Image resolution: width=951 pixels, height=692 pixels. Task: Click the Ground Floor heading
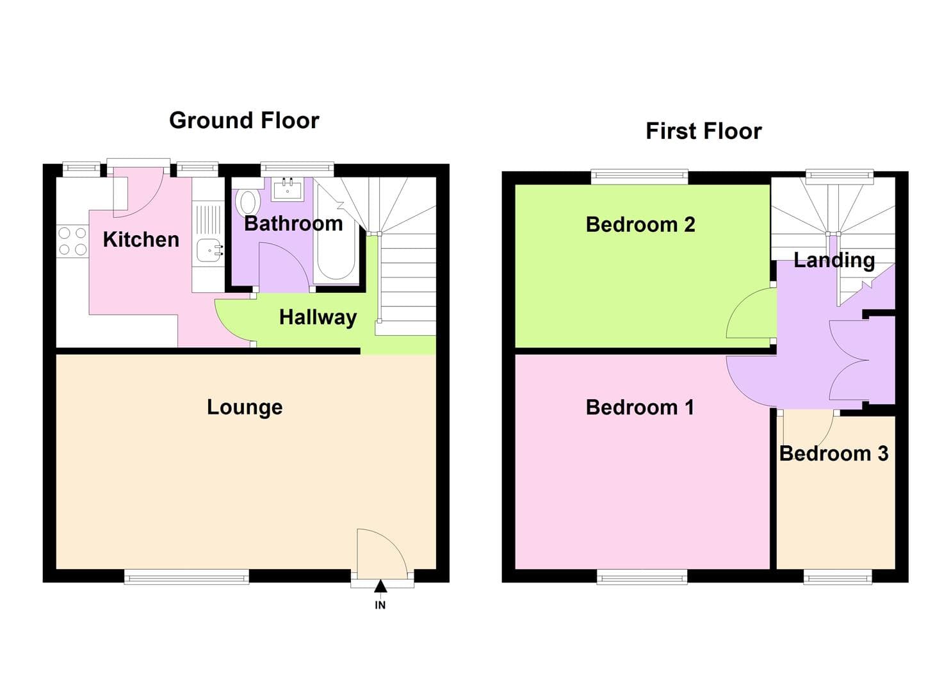(244, 120)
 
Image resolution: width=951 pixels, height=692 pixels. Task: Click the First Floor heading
(703, 131)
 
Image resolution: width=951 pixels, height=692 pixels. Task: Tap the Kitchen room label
(141, 240)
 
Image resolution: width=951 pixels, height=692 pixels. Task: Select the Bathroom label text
(293, 224)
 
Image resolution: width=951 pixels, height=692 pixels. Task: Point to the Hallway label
(318, 317)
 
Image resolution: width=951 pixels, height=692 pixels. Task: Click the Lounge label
(245, 408)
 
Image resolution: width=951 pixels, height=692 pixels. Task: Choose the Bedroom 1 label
(640, 408)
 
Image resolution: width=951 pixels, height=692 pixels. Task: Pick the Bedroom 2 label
(640, 225)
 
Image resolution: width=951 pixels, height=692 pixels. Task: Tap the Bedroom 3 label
(833, 454)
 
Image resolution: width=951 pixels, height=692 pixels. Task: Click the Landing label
(834, 260)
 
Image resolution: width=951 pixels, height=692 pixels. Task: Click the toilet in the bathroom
(247, 200)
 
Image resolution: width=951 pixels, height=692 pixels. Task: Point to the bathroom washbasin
(288, 189)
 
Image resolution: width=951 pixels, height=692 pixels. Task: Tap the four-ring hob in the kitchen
(72, 242)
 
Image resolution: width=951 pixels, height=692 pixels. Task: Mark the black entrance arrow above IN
(380, 586)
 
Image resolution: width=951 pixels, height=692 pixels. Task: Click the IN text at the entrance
(380, 605)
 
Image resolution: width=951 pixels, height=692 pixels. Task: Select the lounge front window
(186, 578)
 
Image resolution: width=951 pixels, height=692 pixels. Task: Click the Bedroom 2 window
(639, 176)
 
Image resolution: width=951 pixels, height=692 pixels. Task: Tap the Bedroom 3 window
(838, 578)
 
